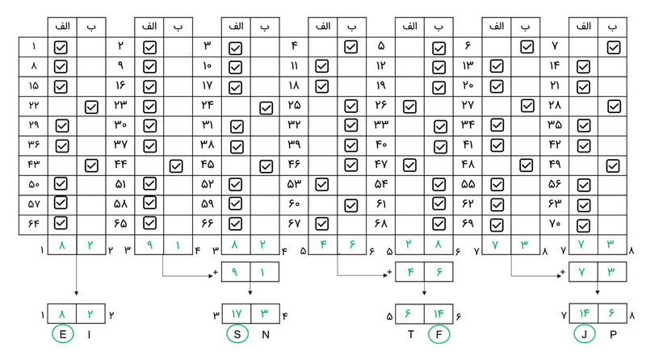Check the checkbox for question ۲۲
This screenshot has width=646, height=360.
(x=91, y=106)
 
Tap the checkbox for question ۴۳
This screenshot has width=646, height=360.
(x=91, y=165)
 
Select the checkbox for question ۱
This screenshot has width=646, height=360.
(x=61, y=47)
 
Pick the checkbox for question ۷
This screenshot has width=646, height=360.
(x=614, y=47)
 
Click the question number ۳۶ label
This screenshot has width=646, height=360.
(x=33, y=144)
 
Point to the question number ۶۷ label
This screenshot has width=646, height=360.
(x=294, y=224)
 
